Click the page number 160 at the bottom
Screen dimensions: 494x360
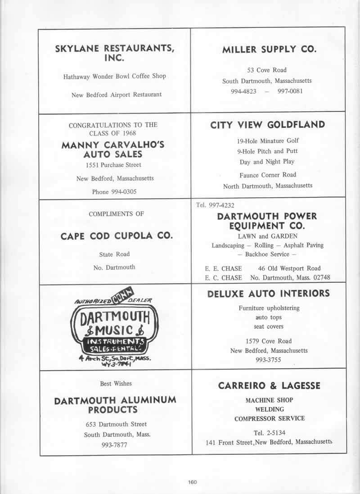[193, 482]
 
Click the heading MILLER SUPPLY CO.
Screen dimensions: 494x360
[269, 50]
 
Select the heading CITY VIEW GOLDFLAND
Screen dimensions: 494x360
[267, 125]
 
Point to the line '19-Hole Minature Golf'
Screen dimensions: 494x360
[268, 141]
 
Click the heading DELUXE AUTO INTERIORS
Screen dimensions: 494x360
[268, 294]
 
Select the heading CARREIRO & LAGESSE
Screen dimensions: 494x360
[269, 386]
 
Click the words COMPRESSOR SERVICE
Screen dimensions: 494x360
[269, 418]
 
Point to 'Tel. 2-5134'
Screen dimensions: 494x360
[269, 433]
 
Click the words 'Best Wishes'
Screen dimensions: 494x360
[116, 384]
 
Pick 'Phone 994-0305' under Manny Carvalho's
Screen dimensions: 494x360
[114, 192]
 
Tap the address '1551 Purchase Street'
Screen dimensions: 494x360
[115, 165]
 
